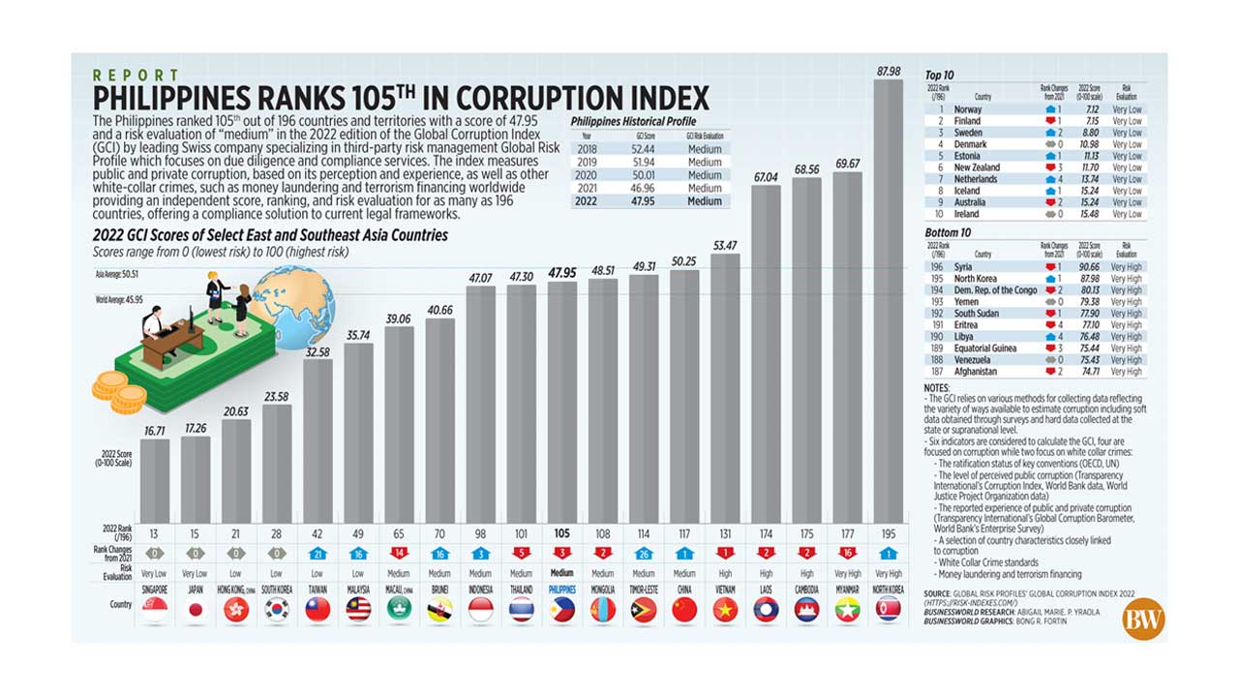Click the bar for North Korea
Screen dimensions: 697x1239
(888, 300)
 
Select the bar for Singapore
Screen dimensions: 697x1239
(155, 480)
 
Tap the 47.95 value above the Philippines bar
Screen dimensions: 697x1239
(561, 273)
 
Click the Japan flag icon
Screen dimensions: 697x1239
(196, 609)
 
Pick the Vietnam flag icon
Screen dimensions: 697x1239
(724, 609)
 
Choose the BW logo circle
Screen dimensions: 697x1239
(1143, 620)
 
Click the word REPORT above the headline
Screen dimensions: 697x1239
(136, 76)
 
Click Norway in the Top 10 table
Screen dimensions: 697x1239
(968, 109)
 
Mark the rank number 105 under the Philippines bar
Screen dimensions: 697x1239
(561, 532)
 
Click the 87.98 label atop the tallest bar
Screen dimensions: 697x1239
(888, 72)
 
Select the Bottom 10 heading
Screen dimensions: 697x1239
(948, 233)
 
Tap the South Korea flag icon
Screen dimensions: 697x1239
(277, 609)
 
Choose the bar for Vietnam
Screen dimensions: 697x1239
(724, 387)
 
